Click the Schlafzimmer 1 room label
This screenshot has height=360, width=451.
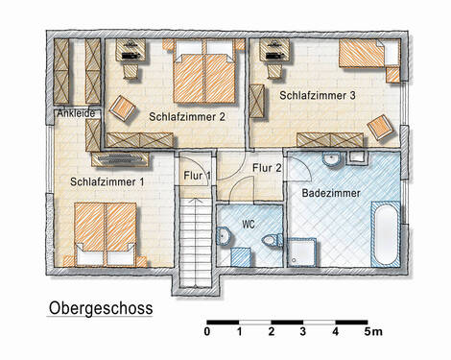pos(107,180)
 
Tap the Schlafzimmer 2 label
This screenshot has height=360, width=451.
pos(187,116)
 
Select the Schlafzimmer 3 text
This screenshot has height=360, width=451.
pos(319,96)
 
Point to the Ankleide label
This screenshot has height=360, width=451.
pos(76,112)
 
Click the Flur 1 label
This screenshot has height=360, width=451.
pos(195,174)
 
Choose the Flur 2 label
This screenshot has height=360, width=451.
pos(266,168)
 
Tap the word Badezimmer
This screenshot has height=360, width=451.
pos(331,193)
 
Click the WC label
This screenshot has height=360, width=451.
pos(249,224)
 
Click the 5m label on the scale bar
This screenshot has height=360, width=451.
pos(372,332)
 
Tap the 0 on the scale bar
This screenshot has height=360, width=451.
pos(207,332)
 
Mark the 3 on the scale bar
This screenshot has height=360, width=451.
pos(303,332)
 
